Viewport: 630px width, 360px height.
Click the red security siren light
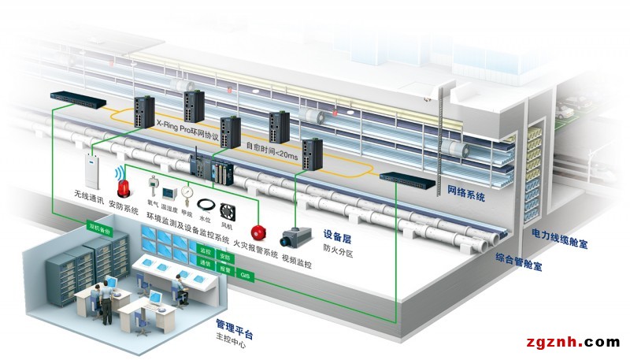tap(124, 187)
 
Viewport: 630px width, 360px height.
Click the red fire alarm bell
tap(256, 233)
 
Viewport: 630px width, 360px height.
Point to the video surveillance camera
tap(297, 235)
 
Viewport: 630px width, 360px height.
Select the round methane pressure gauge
tap(186, 191)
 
